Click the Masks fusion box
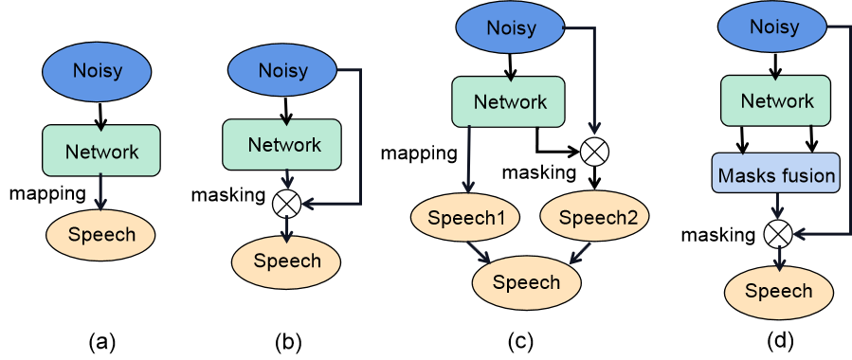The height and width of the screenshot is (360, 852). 776,174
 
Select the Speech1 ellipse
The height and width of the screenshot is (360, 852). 465,219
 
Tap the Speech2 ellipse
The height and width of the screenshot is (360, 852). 596,219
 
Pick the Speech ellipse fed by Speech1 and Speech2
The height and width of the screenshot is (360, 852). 526,282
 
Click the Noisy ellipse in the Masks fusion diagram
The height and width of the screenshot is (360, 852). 772,27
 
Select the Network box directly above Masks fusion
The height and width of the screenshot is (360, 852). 776,101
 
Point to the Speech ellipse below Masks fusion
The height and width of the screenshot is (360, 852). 778,291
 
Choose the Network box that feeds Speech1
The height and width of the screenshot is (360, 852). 509,101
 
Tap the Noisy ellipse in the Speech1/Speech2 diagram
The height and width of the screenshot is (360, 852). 511,27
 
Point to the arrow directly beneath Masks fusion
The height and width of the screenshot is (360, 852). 777,207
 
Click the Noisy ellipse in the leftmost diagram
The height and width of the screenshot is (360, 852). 97,71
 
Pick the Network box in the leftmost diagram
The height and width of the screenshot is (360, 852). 101,151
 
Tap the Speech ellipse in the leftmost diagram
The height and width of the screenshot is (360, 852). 100,234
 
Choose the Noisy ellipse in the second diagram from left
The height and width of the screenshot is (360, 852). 282,71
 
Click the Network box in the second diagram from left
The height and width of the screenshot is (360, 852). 282,144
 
